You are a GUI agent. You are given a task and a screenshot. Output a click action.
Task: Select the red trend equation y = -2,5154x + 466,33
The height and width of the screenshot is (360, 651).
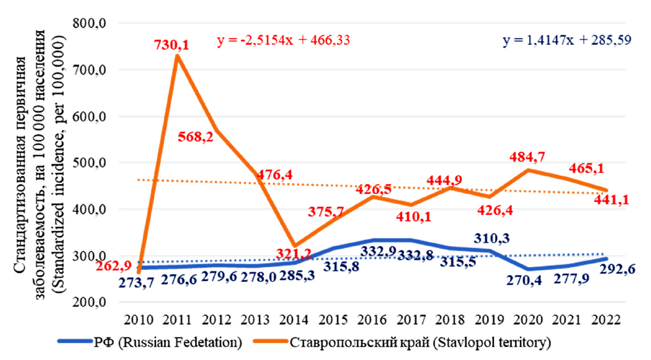(283, 40)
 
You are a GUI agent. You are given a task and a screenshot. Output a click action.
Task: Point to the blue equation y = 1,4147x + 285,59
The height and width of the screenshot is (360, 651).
(567, 40)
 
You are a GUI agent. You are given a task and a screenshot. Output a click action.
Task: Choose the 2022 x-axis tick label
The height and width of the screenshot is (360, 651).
(606, 318)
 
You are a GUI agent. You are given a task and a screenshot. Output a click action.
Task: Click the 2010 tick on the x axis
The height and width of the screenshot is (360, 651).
(138, 318)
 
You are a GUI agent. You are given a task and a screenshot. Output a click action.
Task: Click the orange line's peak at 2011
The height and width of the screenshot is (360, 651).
(178, 56)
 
